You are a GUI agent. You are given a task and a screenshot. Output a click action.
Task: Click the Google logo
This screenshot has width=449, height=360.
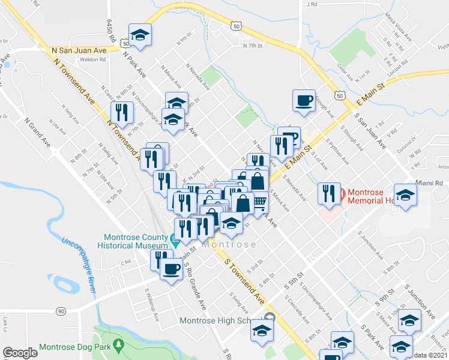[20, 353]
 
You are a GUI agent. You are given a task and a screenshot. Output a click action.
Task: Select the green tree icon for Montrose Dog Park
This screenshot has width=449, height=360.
[118, 346]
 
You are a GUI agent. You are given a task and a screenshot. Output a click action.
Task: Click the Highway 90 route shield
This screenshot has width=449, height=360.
[61, 311]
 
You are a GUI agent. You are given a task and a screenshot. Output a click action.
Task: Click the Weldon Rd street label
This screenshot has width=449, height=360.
[92, 59]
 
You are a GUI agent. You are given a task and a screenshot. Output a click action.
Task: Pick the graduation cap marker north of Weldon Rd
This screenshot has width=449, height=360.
[140, 35]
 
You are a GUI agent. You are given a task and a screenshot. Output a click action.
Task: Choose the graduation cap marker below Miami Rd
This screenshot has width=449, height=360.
[406, 196]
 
